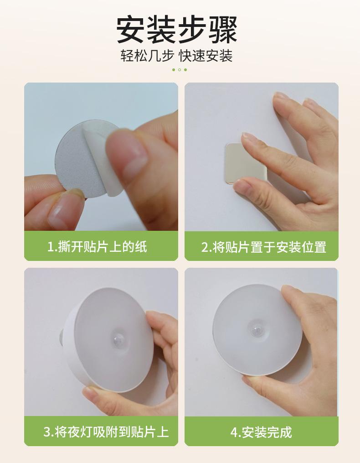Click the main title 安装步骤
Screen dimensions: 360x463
coord(177,30)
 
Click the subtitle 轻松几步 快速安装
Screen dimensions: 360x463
coord(177,56)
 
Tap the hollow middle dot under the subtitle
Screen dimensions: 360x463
coord(180,70)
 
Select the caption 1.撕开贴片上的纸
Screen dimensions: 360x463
coord(97,247)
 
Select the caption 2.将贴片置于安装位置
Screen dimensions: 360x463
coord(264,247)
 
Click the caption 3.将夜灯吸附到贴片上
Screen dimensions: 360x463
coord(106,432)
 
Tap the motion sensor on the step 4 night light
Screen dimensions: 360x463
coord(257,329)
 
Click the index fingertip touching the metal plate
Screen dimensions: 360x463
coord(248,139)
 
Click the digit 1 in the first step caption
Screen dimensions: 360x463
coord(51,247)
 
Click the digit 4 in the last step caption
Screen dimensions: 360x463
coord(234,432)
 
